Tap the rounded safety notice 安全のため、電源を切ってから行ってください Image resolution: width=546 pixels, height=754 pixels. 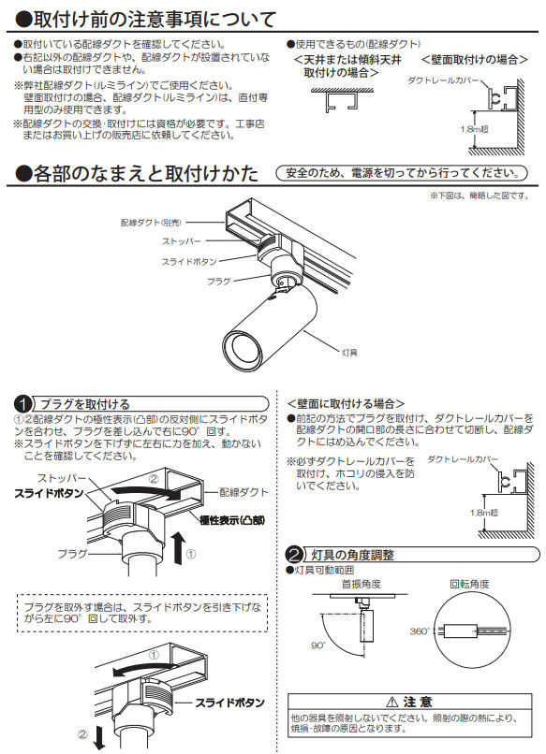pos(402,173)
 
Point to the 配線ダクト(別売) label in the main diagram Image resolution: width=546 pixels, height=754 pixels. pos(151,223)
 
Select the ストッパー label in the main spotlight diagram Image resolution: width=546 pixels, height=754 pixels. pos(182,241)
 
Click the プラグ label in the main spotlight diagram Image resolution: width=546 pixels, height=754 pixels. pos(219,281)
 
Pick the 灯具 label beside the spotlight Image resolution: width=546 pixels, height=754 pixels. pos(349,353)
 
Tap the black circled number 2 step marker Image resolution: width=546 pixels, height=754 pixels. pos(295,555)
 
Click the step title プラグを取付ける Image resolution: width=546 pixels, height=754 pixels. pos(84,404)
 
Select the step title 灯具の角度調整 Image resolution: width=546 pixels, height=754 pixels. pos(352,555)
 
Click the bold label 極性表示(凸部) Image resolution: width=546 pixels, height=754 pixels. pos(232,520)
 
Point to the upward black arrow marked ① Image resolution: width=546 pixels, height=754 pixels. pos(178,547)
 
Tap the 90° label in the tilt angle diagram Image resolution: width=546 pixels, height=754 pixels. pos(318,645)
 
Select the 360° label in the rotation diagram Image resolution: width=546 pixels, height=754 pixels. pos(420,631)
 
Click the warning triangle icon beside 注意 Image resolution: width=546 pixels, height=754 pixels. pos(392,702)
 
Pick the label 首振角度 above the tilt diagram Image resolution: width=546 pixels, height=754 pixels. pos(362,584)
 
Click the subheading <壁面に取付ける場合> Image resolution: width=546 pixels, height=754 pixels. pos(346,403)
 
